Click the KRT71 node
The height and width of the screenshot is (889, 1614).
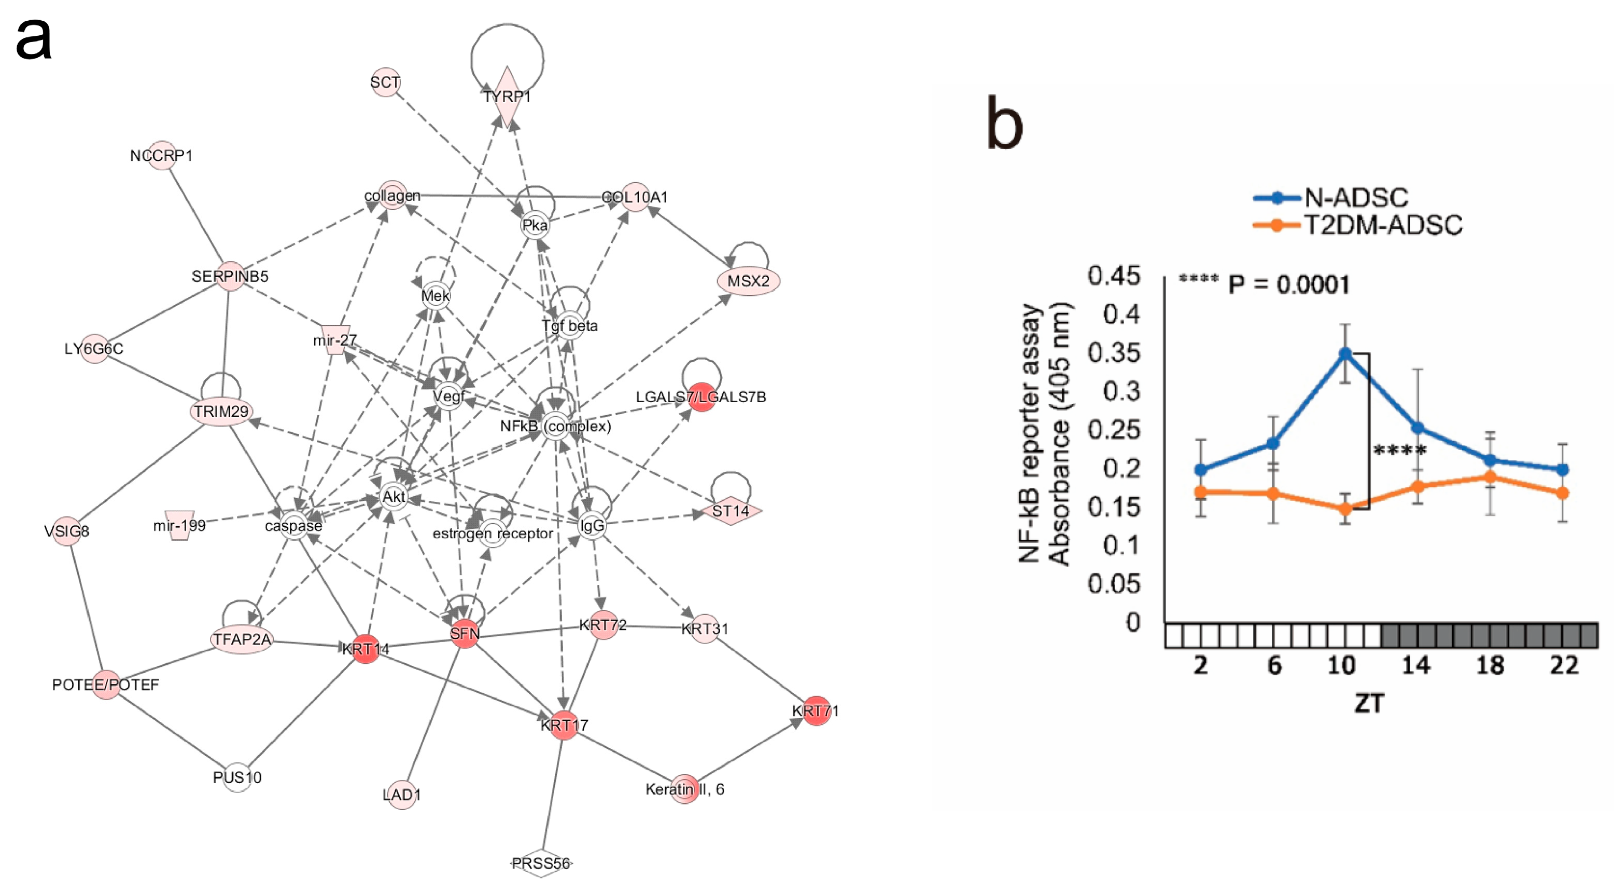pos(816,710)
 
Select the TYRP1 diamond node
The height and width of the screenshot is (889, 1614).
pos(507,97)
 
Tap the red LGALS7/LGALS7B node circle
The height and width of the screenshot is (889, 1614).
pos(701,397)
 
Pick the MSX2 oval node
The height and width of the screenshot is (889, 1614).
pos(748,281)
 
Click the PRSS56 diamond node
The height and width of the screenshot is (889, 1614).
pos(541,863)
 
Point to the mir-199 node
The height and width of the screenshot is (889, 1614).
pos(179,525)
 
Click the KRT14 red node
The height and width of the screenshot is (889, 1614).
pos(366,648)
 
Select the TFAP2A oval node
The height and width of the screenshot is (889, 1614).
pos(242,639)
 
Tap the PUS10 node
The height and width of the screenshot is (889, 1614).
pos(237,778)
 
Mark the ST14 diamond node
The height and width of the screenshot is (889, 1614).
pos(731,512)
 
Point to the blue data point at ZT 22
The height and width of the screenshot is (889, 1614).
pos(1563,470)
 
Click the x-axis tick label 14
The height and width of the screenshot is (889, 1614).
pos(1416,665)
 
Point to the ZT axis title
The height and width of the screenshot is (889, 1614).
pos(1368,703)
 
